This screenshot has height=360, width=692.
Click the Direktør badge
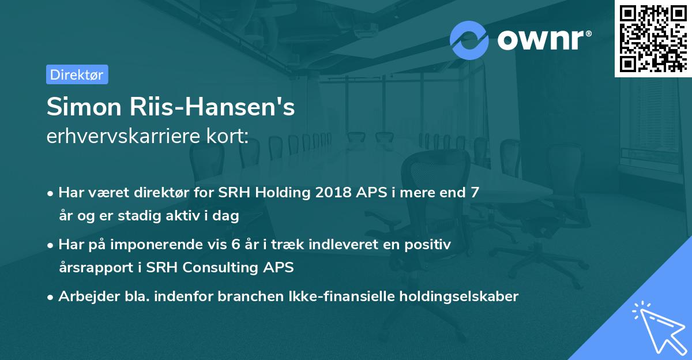[77, 74]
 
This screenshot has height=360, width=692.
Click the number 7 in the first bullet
[475, 193]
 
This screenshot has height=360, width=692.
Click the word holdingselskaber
[453, 297]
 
